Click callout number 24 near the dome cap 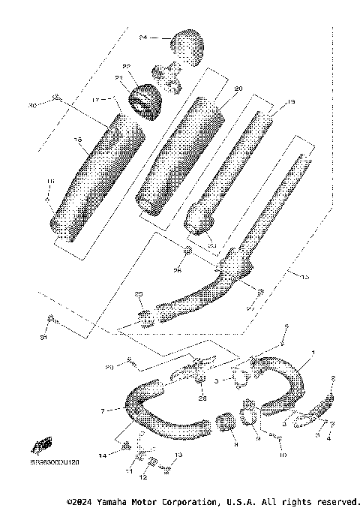click(x=143, y=37)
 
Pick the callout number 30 click(x=32, y=106)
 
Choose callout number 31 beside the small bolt click(x=43, y=338)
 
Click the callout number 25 click(x=138, y=294)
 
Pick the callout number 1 click(x=314, y=353)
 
